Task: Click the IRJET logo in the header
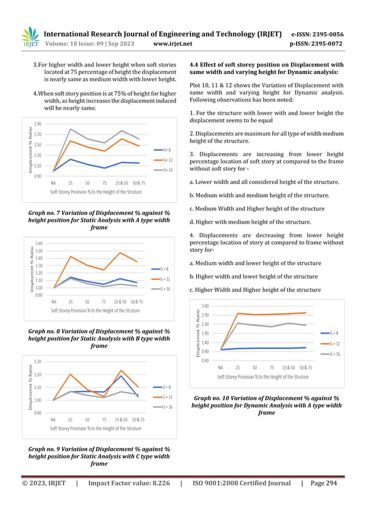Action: tap(29, 37)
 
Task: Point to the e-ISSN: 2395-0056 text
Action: tap(325, 34)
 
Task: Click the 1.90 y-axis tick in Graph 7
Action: tap(38, 124)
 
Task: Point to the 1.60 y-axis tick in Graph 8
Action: tap(38, 244)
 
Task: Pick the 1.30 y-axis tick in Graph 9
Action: tap(38, 362)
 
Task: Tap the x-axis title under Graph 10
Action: tap(263, 377)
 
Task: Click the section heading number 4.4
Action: tap(195, 65)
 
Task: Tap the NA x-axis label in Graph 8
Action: tap(53, 301)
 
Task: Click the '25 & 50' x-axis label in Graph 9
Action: tap(120, 420)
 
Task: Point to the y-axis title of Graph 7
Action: tap(25, 149)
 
